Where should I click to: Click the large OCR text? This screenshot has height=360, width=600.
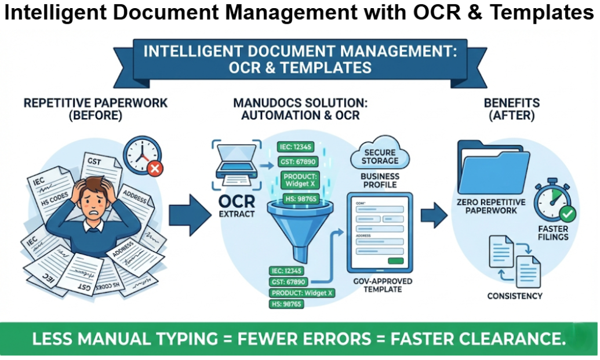pos(237,201)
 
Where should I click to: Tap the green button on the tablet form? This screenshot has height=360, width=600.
pos(396,261)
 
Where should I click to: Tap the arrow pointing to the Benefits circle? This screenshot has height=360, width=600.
pos(433,215)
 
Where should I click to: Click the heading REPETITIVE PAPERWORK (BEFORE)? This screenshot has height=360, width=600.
pos(96,109)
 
